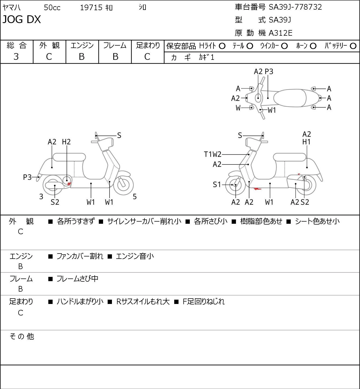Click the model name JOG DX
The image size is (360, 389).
click(21, 19)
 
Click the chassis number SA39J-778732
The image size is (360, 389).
click(295, 7)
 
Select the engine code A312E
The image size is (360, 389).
click(280, 33)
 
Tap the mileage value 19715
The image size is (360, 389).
click(91, 8)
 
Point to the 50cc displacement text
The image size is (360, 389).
click(52, 8)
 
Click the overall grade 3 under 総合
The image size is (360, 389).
click(16, 57)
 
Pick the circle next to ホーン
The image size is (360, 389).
click(313, 46)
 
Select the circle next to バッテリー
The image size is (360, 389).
click(353, 46)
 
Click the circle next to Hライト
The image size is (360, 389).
click(222, 46)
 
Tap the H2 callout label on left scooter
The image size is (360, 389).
click(66, 142)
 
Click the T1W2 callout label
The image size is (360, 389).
click(213, 154)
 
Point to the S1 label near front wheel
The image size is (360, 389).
click(217, 185)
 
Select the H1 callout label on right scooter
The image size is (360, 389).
click(307, 142)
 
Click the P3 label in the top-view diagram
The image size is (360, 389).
click(269, 71)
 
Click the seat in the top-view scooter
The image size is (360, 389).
click(290, 98)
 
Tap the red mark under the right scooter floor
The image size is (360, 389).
click(257, 189)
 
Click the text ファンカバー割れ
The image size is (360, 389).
click(80, 256)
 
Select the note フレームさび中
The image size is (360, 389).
click(77, 279)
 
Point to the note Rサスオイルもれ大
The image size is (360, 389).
click(143, 302)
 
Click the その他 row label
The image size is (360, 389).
click(22, 336)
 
